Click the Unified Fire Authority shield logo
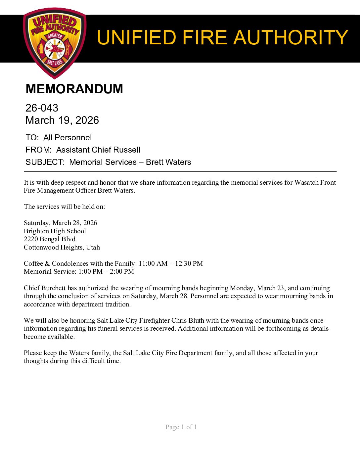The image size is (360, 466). point(55,43)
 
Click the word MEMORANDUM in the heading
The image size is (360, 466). point(74,89)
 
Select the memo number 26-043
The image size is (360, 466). point(42,108)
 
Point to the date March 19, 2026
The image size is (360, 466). point(62,120)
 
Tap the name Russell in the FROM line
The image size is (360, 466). point(127,150)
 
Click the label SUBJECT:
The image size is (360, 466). point(45,162)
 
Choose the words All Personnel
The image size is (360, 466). point(67,138)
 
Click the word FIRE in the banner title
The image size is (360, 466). point(204,37)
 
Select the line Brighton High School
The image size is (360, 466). point(55,231)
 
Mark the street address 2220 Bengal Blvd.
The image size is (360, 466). point(50,239)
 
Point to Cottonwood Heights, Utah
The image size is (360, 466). point(62,247)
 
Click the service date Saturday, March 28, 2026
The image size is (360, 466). point(61,223)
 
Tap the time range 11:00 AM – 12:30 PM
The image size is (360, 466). point(170,263)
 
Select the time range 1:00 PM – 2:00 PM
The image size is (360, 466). point(106,271)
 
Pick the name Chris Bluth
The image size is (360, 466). point(188,320)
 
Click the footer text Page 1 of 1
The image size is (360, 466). point(181,427)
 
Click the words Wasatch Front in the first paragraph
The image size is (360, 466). point(315,182)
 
